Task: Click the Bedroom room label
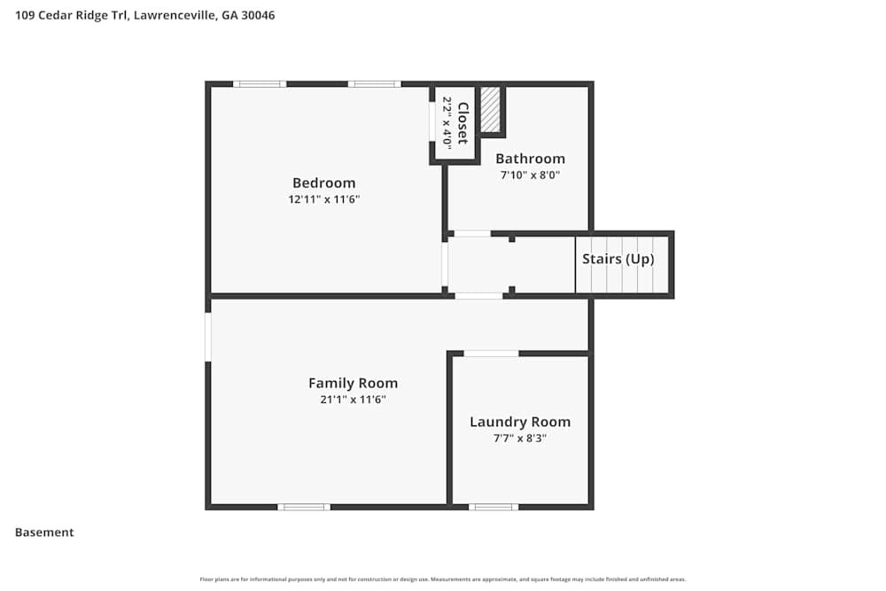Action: (323, 183)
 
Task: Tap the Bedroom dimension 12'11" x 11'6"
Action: (323, 199)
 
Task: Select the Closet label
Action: (462, 123)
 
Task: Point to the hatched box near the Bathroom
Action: (491, 109)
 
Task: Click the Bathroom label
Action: (530, 159)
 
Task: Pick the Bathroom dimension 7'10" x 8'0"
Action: (530, 175)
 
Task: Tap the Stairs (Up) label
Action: (618, 259)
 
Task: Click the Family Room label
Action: (353, 383)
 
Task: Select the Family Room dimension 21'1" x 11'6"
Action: (353, 399)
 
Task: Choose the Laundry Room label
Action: (520, 422)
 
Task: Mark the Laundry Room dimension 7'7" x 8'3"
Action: (520, 438)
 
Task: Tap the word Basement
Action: (44, 533)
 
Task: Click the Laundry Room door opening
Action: (491, 354)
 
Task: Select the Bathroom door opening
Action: (472, 234)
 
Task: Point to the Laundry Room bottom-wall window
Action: (493, 507)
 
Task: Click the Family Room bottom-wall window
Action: (304, 507)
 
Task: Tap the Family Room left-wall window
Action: (208, 337)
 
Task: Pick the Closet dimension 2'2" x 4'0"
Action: (447, 123)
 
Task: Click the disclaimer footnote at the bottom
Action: (443, 579)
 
